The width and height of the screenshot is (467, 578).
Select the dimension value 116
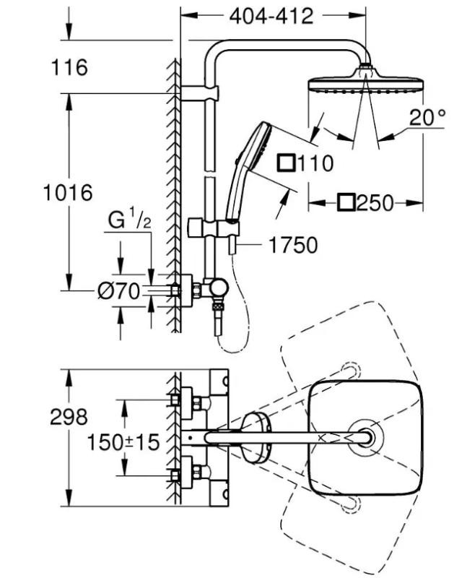pos(70,68)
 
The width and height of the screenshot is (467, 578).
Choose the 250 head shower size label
pos(375,203)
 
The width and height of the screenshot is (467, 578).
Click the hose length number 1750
pos(293,246)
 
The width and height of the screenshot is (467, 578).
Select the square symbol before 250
pos(346,202)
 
